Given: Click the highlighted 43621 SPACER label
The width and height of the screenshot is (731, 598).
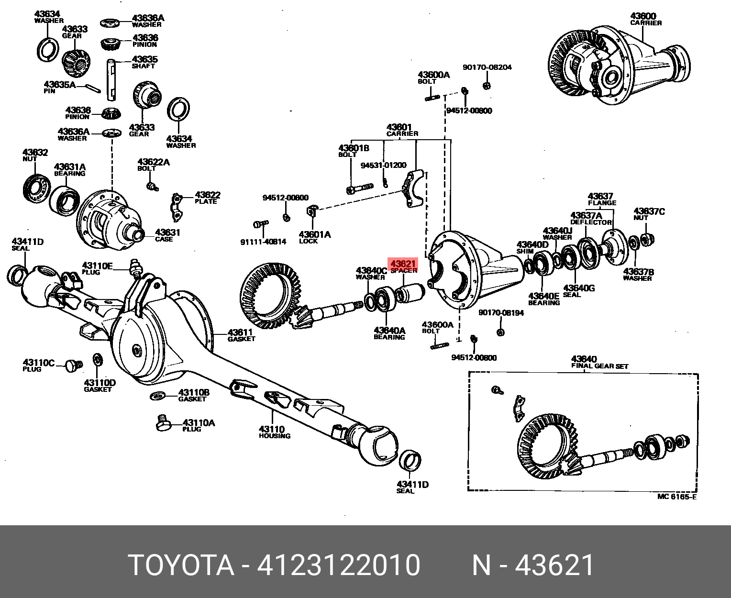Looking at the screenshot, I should tap(404, 266).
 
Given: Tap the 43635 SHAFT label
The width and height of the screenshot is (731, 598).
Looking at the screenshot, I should tap(144, 62).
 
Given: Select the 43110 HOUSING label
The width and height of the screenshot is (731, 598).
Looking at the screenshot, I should tap(274, 432).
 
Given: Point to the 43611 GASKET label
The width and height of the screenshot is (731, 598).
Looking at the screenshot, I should tap(241, 335).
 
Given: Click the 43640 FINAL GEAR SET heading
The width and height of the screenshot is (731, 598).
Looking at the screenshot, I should tap(599, 363).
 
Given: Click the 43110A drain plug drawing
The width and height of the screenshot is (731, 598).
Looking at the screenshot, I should tap(164, 424).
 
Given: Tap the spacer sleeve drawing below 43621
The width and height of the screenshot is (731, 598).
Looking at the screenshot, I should tap(411, 291).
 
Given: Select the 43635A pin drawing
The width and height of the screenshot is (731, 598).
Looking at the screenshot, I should tap(93, 87).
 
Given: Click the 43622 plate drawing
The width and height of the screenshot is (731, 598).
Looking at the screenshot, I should tap(177, 208).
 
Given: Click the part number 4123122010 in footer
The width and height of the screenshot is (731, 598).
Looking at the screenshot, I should tap(339, 565).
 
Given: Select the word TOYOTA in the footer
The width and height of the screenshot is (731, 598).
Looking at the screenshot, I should tap(181, 565).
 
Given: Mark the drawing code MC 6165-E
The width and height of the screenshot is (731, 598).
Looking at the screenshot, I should tap(676, 497).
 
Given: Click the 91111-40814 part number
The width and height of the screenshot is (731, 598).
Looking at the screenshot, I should tap(263, 242).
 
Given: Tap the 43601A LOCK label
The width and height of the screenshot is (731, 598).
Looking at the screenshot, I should tap(314, 237).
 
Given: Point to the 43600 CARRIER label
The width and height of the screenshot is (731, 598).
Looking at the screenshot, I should tap(646, 19).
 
